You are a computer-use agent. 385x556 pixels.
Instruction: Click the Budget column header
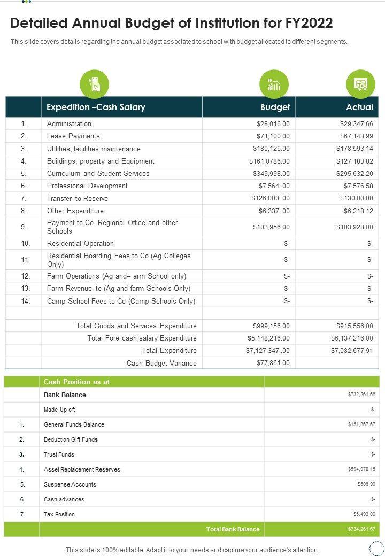[275, 107]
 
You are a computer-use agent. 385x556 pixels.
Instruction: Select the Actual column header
[359, 107]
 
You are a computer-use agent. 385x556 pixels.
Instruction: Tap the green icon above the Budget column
[274, 84]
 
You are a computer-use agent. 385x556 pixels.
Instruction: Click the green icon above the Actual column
[360, 84]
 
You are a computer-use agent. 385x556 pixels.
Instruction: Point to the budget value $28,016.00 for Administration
[273, 123]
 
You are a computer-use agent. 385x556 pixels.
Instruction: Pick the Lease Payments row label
[73, 136]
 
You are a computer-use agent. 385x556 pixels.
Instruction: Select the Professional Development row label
[87, 186]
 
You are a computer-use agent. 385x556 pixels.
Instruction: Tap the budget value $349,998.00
[271, 174]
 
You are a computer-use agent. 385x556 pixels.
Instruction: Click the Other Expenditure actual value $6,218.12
[358, 211]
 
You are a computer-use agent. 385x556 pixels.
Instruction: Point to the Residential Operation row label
[80, 244]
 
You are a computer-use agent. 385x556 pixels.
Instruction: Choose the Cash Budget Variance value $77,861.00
[273, 363]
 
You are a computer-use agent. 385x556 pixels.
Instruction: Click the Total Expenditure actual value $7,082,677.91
[351, 351]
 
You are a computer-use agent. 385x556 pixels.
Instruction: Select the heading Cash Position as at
[76, 382]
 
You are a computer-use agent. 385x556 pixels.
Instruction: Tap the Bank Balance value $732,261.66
[361, 395]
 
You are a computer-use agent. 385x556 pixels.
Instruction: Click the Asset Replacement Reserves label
[82, 469]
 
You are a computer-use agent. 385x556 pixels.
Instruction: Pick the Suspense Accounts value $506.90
[366, 484]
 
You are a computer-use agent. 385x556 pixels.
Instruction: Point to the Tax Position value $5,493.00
[364, 514]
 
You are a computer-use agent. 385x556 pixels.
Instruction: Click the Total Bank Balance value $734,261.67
[361, 529]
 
